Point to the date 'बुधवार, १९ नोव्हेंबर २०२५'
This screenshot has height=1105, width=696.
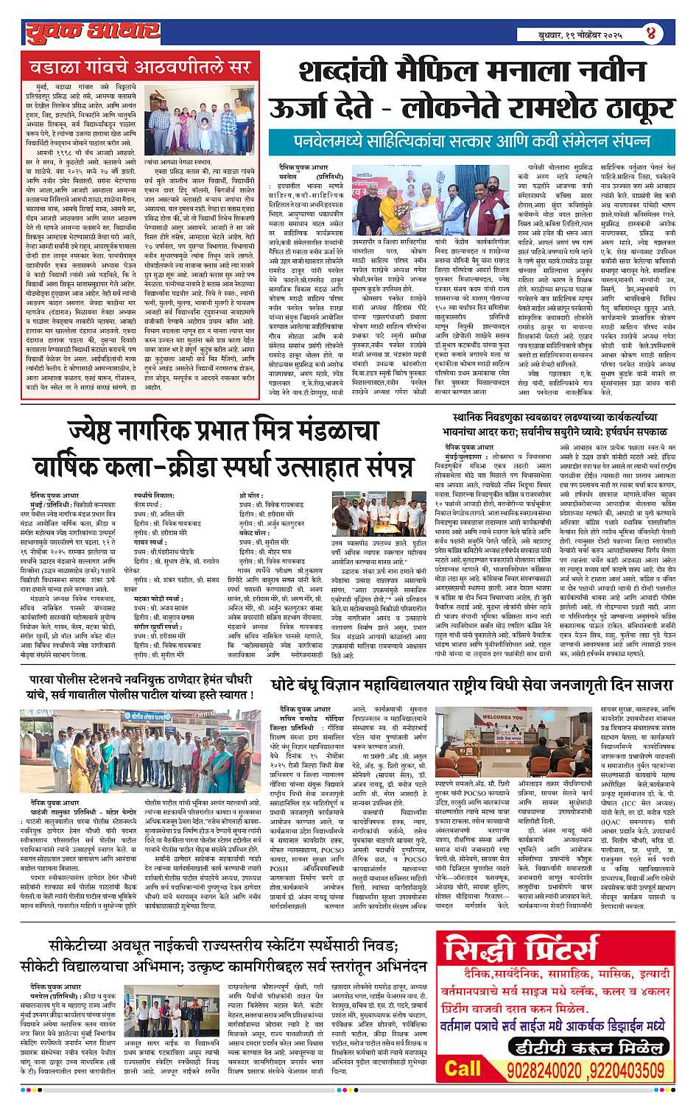click(580, 34)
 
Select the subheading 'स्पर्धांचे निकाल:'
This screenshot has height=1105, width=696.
click(155, 497)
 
